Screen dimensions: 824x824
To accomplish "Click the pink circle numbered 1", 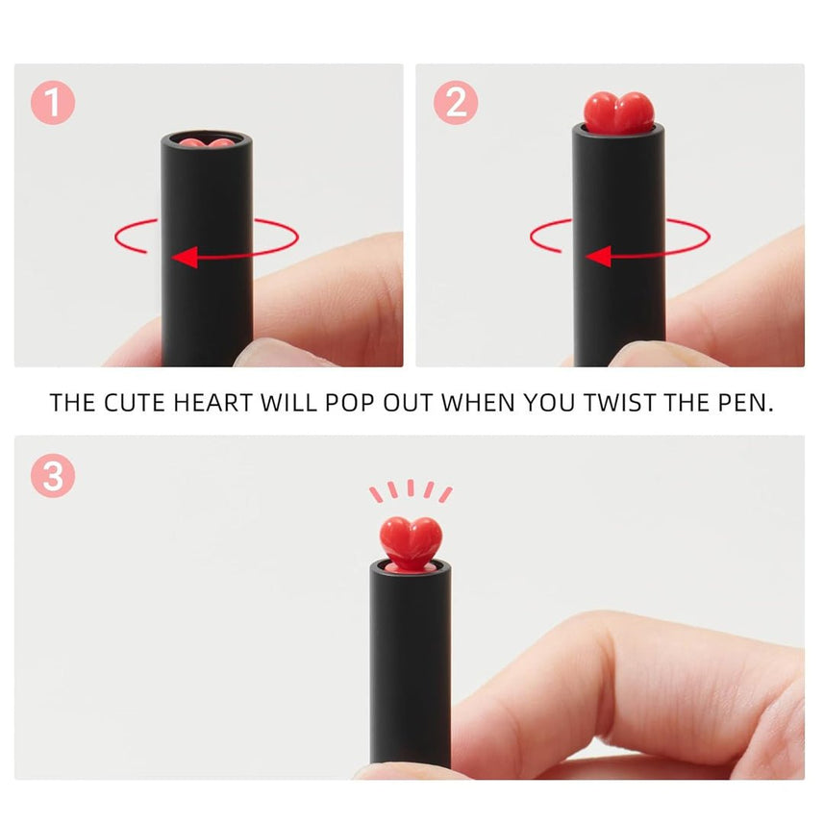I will tap(53, 102).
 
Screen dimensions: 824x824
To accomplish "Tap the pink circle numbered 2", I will tap(455, 102).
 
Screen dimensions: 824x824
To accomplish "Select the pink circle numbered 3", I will tap(53, 475).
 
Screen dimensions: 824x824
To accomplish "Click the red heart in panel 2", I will tap(618, 112).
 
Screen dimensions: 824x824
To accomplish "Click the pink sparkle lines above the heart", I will tap(411, 491).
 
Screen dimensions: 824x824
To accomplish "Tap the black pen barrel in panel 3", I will tap(411, 663).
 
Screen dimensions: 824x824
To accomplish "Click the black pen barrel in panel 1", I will tap(207, 288).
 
